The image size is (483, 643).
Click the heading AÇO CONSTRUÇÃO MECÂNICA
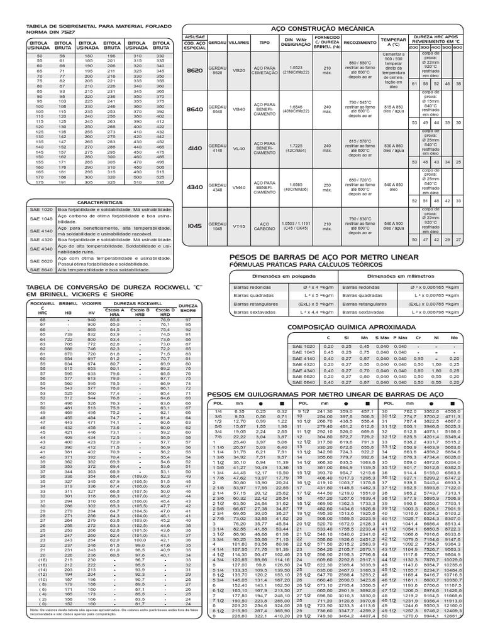322,29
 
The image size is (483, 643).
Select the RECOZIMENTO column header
356,43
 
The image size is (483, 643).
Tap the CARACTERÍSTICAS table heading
97,203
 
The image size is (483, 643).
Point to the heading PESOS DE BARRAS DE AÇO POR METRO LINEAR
308,257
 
